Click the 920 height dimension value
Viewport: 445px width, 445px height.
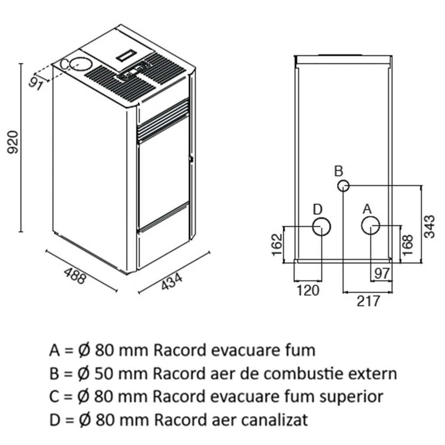click(x=13, y=142)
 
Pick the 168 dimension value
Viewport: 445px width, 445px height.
click(x=407, y=246)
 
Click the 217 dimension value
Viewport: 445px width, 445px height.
click(x=368, y=301)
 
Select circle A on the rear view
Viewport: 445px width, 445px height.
click(x=370, y=226)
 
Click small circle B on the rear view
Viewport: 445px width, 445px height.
click(x=343, y=186)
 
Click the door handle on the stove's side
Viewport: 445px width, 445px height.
click(x=191, y=159)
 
